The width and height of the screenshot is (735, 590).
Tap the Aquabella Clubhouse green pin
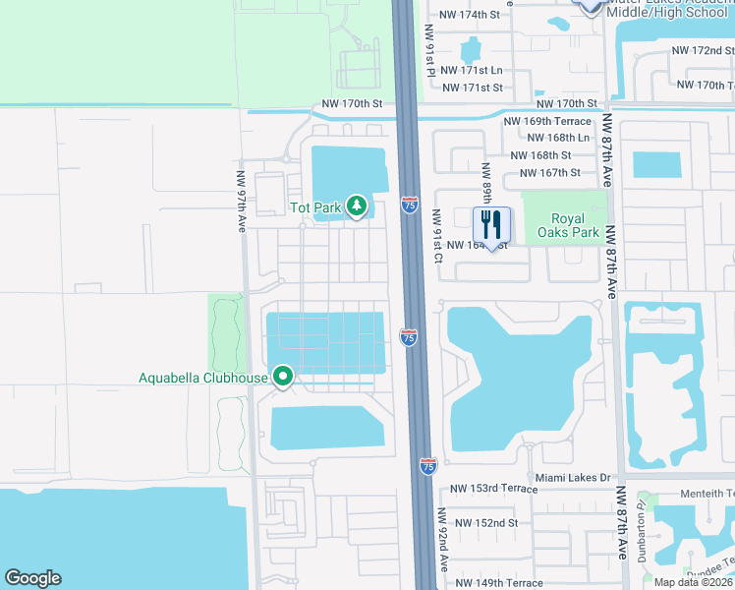[x=283, y=377]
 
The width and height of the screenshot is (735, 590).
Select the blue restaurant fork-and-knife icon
[x=492, y=225]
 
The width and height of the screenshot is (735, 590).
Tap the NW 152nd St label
[x=484, y=522]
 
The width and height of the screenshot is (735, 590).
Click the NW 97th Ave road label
[x=241, y=202]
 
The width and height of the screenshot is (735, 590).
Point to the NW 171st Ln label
[x=472, y=71]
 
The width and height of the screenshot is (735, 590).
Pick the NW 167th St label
[x=546, y=172]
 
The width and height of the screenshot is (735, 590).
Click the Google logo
[x=32, y=578]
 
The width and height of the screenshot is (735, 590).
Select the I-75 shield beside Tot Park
[x=410, y=206]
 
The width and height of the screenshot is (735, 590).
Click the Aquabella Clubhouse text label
[x=202, y=377]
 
